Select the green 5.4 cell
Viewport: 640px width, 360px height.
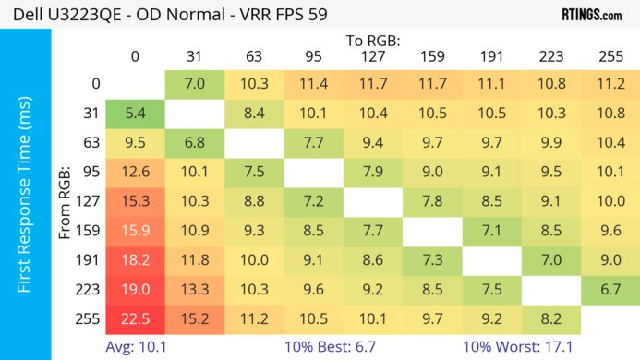click(x=135, y=115)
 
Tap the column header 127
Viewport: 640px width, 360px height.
click(x=368, y=57)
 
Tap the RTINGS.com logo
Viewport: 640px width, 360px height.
click(x=590, y=14)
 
